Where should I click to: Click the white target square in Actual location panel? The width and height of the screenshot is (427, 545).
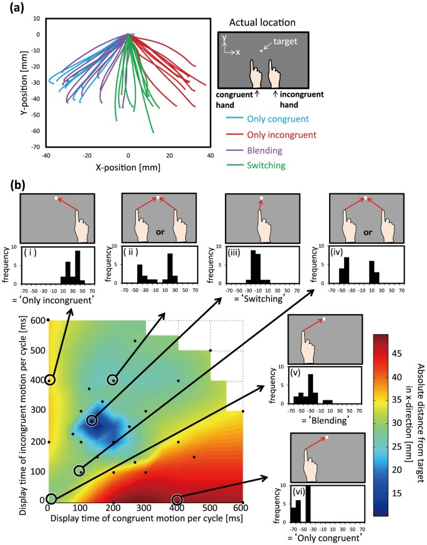coord(262,50)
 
